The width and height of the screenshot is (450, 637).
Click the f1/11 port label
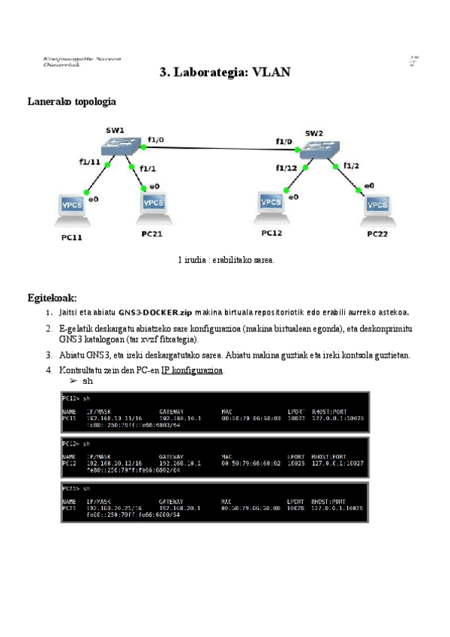(x=89, y=162)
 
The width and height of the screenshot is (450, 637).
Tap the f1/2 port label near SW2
(x=352, y=165)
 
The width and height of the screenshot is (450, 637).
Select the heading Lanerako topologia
(x=71, y=101)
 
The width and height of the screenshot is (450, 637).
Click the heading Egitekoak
(x=52, y=298)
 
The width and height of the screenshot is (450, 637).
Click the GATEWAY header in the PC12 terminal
(x=172, y=456)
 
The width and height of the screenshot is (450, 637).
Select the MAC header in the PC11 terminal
(x=226, y=412)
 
